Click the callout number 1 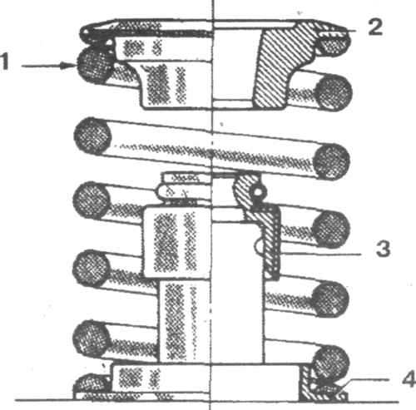pos(5,62)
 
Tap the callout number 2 pos(375,27)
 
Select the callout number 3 pos(384,248)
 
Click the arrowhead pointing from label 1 pos(69,66)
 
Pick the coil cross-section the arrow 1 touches pos(93,66)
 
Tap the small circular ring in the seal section pos(258,191)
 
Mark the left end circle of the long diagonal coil pos(93,136)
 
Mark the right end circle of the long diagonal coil pos(332,161)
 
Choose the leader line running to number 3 pos(319,254)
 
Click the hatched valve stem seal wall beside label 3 pos(270,241)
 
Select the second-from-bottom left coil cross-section pos(91,269)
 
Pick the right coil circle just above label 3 pos(331,230)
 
